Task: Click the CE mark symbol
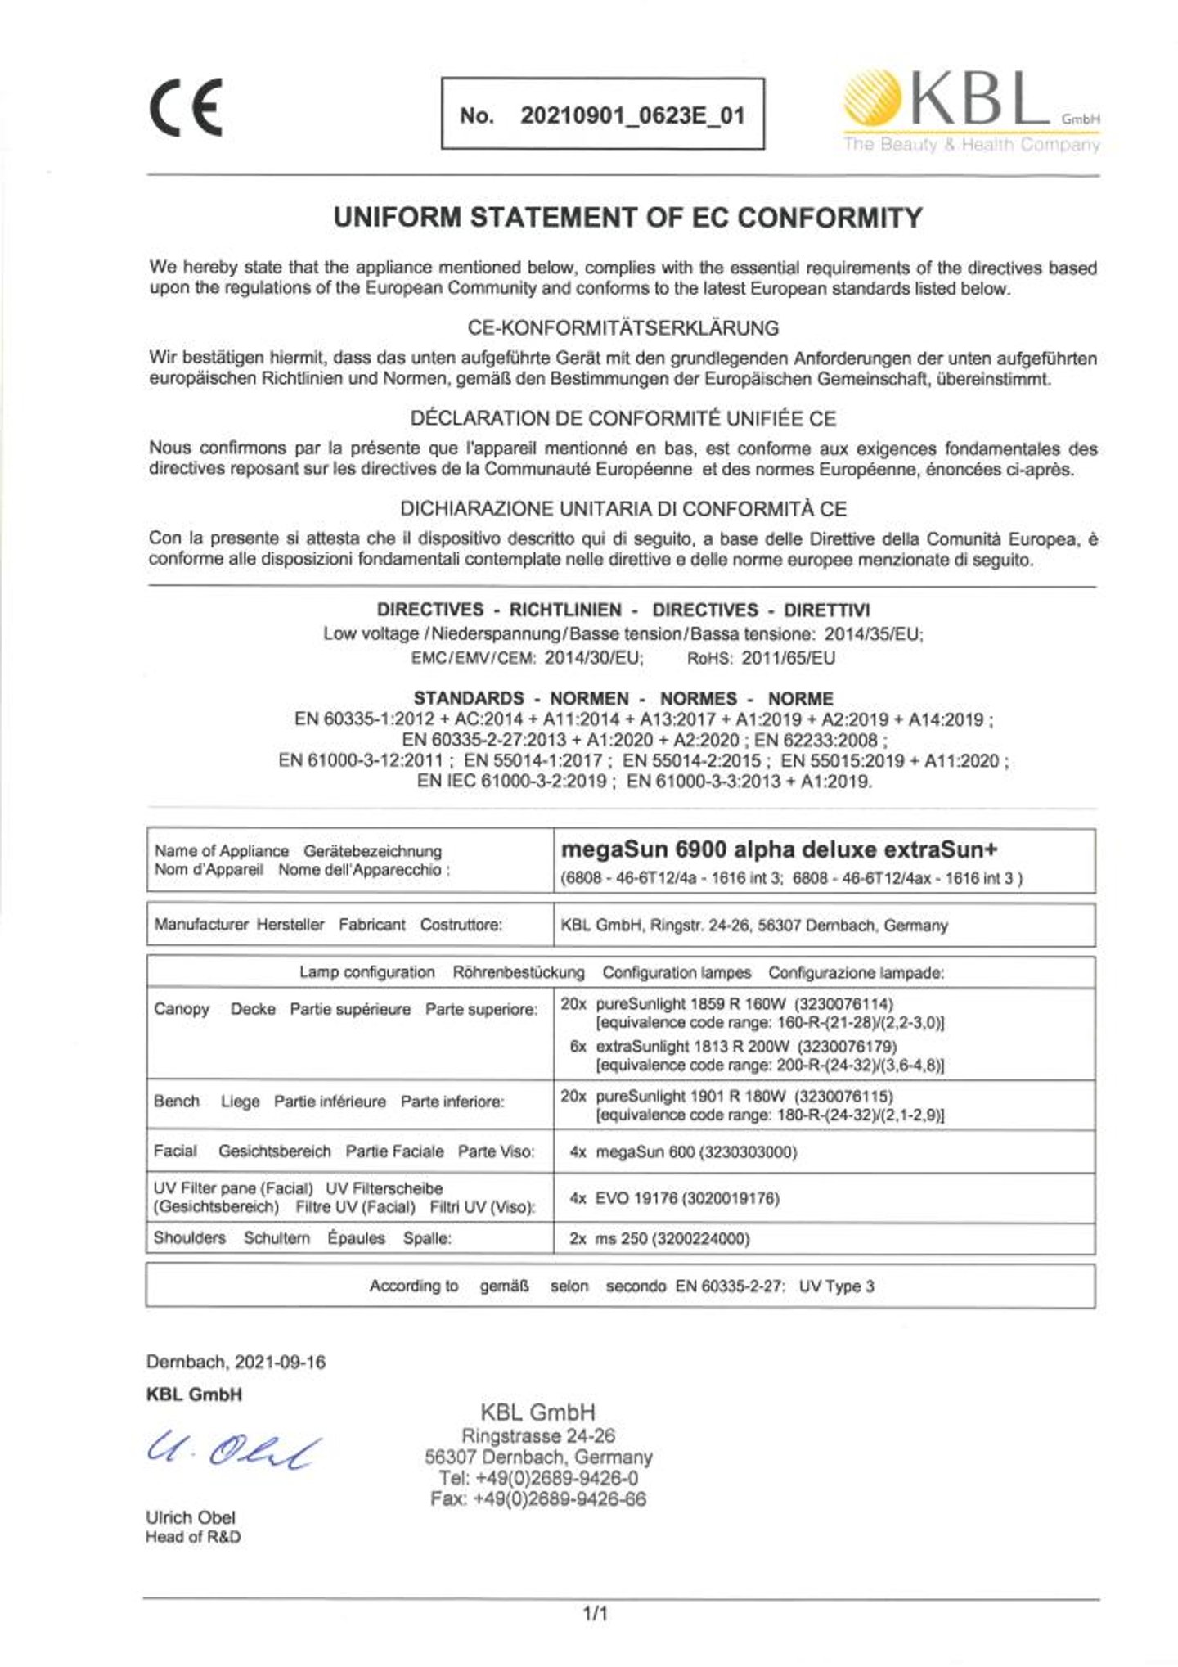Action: pyautogui.click(x=186, y=109)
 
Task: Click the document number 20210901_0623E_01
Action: pyautogui.click(x=632, y=115)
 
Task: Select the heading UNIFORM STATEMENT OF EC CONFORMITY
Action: pyautogui.click(x=627, y=218)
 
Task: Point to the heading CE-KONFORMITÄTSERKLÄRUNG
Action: pyautogui.click(x=623, y=328)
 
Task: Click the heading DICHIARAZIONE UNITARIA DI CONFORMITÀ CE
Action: pyautogui.click(x=623, y=509)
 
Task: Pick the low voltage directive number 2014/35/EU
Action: pyautogui.click(x=873, y=634)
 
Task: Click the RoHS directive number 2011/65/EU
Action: pyautogui.click(x=788, y=659)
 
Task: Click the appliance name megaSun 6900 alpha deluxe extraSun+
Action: pyautogui.click(x=779, y=849)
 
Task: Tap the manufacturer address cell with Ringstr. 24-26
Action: pyautogui.click(x=753, y=926)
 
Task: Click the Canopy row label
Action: pyautogui.click(x=182, y=1009)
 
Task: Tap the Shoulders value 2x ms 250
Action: pyautogui.click(x=659, y=1239)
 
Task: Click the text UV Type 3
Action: pyautogui.click(x=836, y=1286)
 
